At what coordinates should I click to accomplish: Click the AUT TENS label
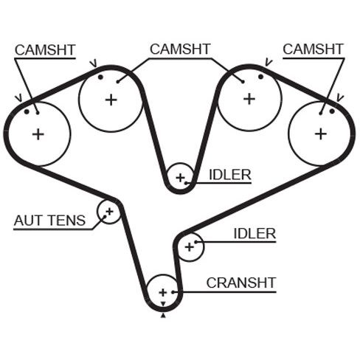(49, 221)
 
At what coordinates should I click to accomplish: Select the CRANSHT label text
(241, 283)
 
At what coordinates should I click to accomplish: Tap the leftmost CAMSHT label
(45, 50)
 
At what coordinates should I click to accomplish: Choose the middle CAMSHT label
(180, 49)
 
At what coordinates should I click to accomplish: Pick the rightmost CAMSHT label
(313, 49)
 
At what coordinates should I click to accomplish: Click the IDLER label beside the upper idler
(230, 175)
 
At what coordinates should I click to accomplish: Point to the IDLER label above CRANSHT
(255, 234)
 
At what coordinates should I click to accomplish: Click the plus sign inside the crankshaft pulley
(163, 293)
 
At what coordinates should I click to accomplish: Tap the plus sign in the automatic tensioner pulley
(109, 211)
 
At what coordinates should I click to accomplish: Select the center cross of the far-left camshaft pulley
(38, 134)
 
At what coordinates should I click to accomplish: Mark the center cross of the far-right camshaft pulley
(321, 134)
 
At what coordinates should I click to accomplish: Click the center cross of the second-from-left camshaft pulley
(111, 100)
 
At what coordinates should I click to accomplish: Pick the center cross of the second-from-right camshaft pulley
(249, 99)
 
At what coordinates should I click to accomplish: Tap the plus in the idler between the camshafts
(181, 178)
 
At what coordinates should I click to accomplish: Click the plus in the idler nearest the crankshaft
(190, 247)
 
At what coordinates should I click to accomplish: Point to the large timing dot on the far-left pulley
(27, 112)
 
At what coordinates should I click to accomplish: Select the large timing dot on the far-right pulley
(332, 111)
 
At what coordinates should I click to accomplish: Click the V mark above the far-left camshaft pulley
(19, 98)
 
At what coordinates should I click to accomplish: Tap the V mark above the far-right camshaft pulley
(339, 97)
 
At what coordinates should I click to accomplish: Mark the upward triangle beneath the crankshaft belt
(163, 316)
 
